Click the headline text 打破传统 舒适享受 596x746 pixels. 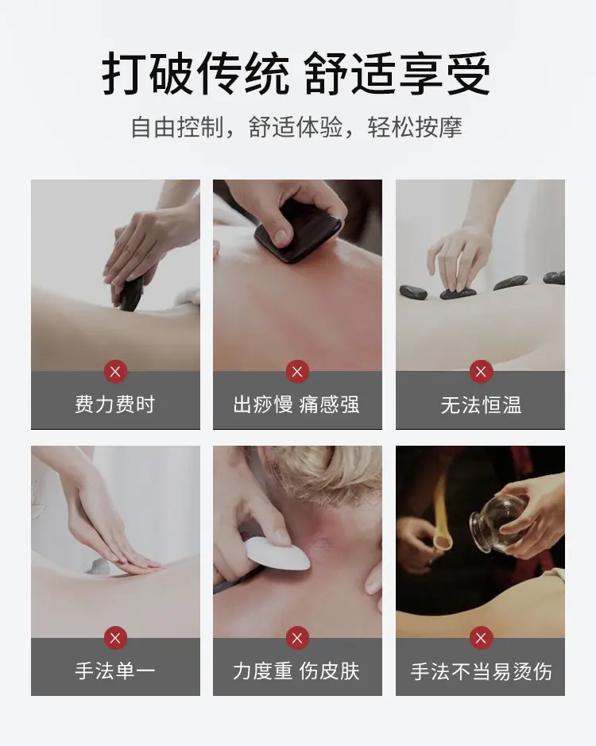tap(296, 74)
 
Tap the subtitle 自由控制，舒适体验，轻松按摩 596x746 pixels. tap(296, 127)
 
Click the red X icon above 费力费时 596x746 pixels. tap(115, 372)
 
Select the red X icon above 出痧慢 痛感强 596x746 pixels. tap(297, 372)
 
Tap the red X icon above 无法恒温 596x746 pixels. tap(481, 372)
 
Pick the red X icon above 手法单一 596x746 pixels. tap(115, 638)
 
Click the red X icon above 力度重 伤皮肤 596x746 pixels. tap(297, 638)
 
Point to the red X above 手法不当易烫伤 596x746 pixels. tap(481, 638)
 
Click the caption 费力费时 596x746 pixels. tap(115, 404)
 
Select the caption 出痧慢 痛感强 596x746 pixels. tap(296, 404)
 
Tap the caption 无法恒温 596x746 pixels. tap(481, 405)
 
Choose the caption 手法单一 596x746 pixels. tap(115, 671)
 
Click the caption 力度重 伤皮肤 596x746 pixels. tap(296, 671)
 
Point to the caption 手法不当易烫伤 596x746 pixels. tap(481, 671)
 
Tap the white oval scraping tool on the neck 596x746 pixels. tap(278, 553)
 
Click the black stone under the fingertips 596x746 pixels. tap(458, 293)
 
